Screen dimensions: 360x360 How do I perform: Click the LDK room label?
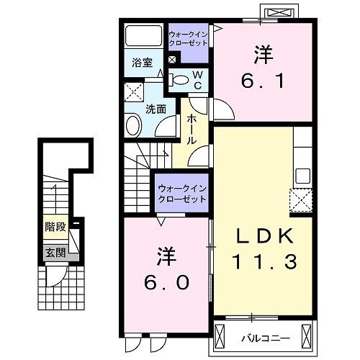[264, 235]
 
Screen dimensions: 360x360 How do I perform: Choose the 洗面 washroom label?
[155, 109]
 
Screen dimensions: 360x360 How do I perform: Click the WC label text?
[198, 80]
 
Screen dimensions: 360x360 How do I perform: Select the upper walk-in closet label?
[188, 38]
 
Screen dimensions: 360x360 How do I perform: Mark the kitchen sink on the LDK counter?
[302, 175]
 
